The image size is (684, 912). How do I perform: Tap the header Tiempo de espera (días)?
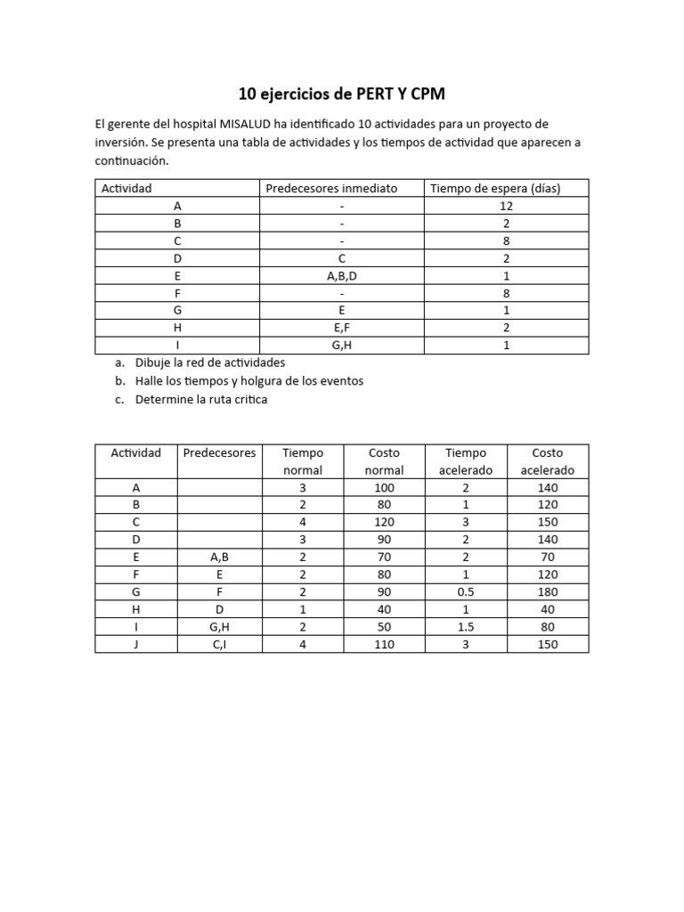click(x=495, y=188)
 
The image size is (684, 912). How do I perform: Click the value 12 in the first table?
click(x=506, y=205)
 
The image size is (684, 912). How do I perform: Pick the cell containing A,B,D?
click(x=341, y=275)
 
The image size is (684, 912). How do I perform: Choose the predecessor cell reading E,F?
click(x=341, y=328)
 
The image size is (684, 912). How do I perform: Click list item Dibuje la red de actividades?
click(x=209, y=362)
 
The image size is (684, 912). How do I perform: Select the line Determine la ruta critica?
click(x=200, y=399)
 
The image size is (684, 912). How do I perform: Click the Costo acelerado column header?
click(x=547, y=461)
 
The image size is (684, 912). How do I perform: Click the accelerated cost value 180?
click(x=547, y=592)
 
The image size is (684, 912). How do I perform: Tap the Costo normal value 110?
click(x=385, y=644)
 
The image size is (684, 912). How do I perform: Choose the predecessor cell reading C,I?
click(x=219, y=644)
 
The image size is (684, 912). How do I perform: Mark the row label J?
click(x=135, y=644)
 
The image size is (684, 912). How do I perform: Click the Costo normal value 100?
click(x=385, y=487)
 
